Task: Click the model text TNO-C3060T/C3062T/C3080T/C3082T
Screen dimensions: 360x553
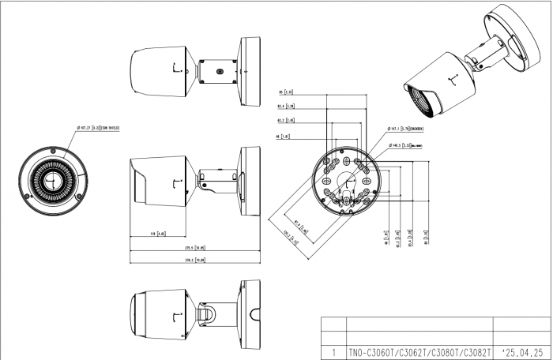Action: pos(419,352)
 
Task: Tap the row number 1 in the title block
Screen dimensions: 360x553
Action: pos(335,352)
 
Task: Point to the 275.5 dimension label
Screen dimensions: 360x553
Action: pos(194,247)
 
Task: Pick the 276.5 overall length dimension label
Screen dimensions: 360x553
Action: pos(194,260)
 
